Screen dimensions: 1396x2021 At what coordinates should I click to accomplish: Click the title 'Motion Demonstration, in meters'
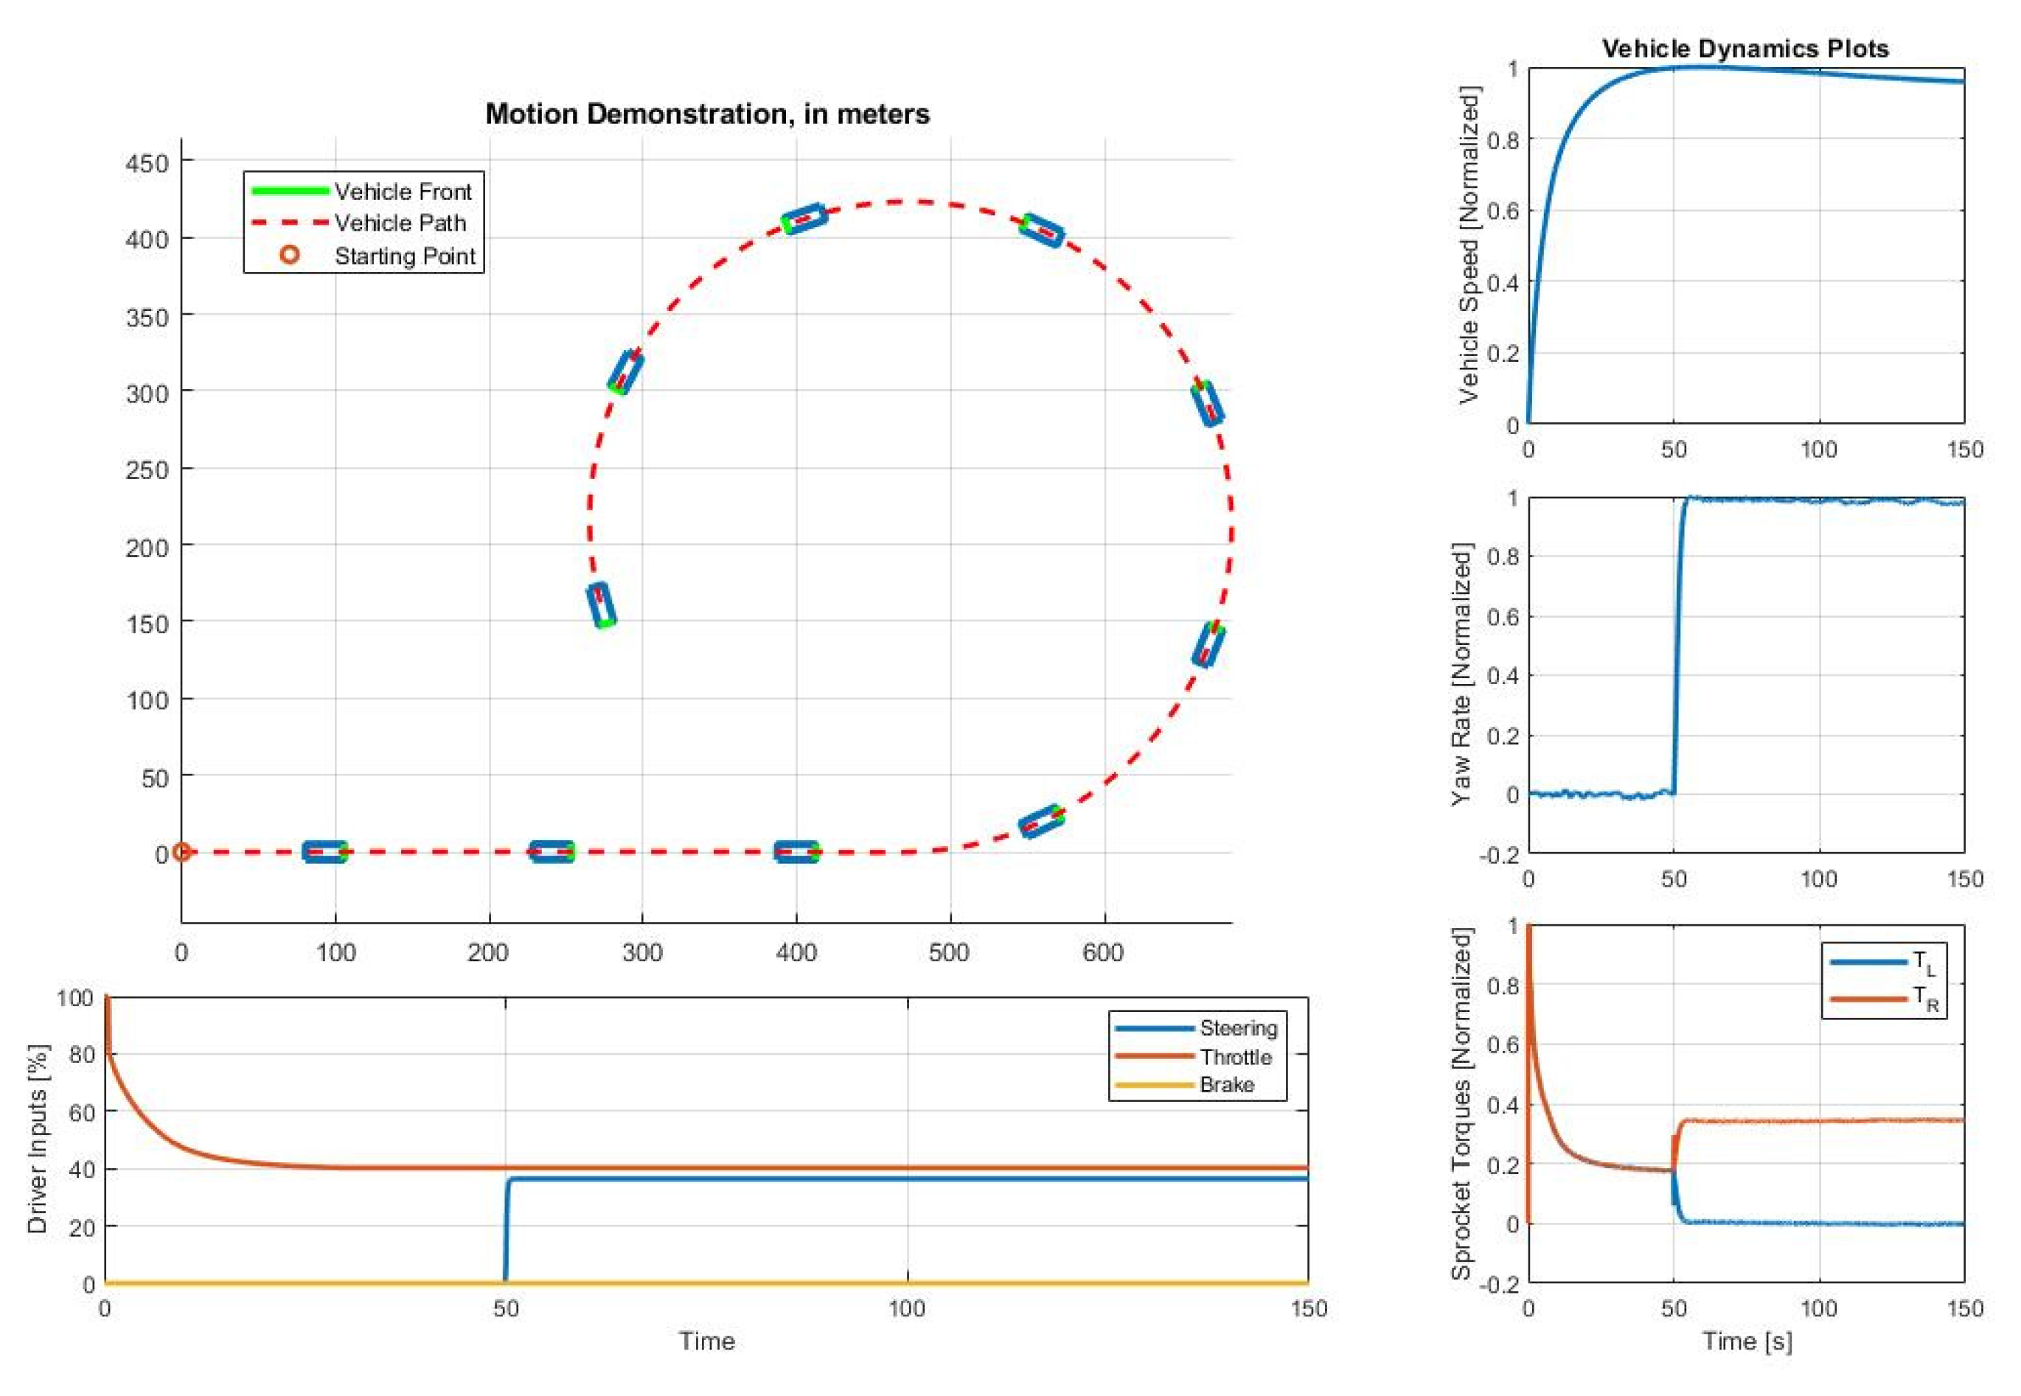click(707, 114)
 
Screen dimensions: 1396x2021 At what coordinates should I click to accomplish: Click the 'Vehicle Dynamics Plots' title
click(1745, 49)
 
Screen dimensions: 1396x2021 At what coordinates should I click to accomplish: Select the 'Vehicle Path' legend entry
click(400, 223)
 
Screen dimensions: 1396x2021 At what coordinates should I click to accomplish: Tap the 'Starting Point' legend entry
click(404, 256)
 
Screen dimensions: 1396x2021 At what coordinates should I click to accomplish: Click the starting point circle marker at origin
click(181, 852)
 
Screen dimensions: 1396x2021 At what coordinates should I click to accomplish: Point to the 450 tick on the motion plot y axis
click(147, 163)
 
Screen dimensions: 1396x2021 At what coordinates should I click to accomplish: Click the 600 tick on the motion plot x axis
click(1103, 952)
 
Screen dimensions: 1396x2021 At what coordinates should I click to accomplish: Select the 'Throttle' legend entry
click(1235, 1057)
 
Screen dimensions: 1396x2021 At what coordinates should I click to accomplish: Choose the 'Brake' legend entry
click(1227, 1085)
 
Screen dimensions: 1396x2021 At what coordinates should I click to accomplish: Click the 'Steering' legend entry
click(1238, 1027)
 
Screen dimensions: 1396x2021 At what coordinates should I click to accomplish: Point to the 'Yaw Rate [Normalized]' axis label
click(1461, 674)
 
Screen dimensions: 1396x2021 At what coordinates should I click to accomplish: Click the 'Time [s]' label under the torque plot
click(1746, 1341)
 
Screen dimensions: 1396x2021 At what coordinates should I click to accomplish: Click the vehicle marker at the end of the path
click(601, 605)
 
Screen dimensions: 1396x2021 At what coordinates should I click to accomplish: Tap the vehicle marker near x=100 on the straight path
click(324, 852)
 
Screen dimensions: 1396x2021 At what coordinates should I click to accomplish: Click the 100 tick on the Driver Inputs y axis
click(75, 998)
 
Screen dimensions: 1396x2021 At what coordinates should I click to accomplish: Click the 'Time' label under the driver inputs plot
click(707, 1341)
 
